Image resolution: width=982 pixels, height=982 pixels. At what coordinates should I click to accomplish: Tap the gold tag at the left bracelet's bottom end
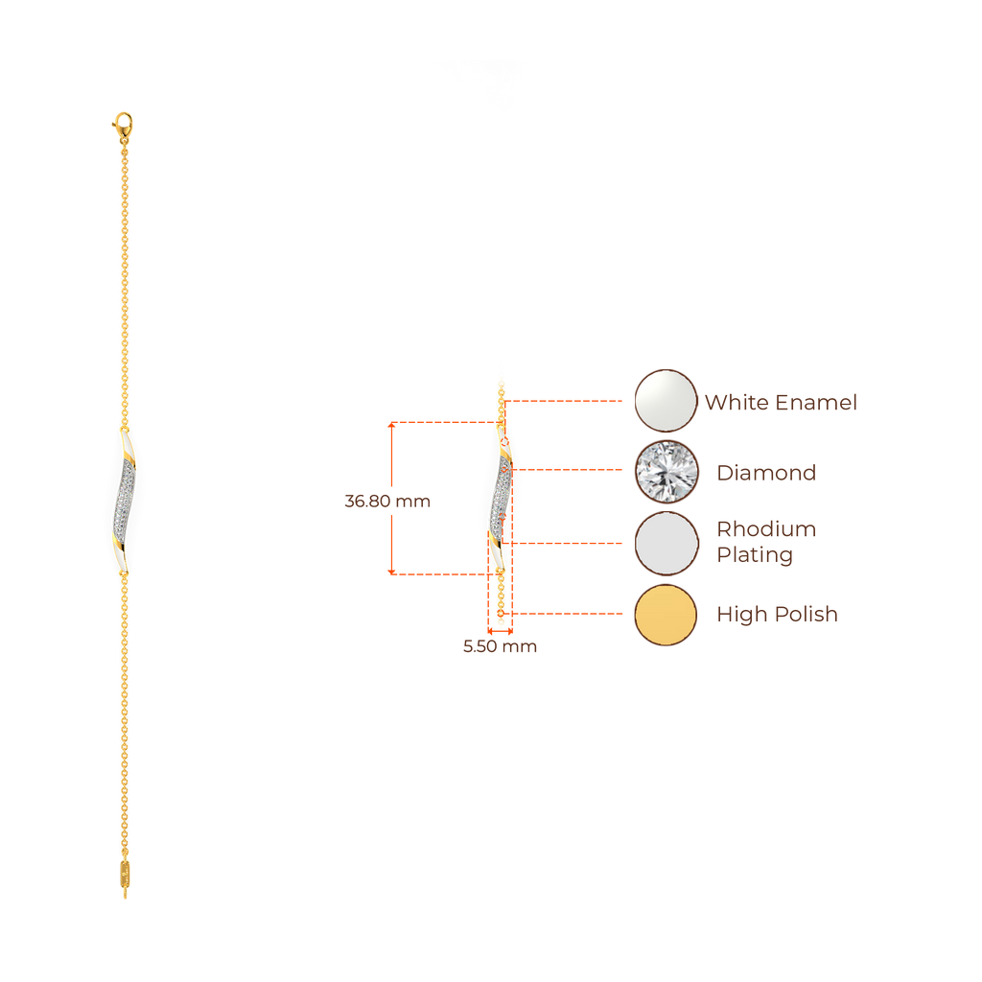(x=125, y=874)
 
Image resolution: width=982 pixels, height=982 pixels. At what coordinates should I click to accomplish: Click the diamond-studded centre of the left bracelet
(x=125, y=500)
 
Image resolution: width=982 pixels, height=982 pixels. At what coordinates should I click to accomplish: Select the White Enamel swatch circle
(x=666, y=400)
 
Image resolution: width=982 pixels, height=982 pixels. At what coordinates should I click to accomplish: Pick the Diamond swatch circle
(x=666, y=471)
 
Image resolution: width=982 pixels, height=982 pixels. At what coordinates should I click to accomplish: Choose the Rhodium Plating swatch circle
(x=666, y=542)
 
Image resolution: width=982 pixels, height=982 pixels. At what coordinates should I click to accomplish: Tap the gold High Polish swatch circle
(x=666, y=614)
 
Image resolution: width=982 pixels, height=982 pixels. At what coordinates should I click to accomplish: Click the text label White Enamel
(x=781, y=402)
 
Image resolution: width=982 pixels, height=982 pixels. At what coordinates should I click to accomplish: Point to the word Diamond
(x=766, y=472)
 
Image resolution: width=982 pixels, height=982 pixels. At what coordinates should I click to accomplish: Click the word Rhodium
(x=766, y=529)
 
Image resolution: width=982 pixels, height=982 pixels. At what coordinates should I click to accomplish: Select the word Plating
(x=755, y=555)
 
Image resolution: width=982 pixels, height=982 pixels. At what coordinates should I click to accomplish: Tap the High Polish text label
(x=777, y=614)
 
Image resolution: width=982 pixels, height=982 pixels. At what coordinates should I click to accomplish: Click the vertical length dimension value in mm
(x=387, y=501)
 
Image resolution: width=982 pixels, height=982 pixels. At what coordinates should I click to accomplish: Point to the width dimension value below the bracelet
(x=500, y=646)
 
